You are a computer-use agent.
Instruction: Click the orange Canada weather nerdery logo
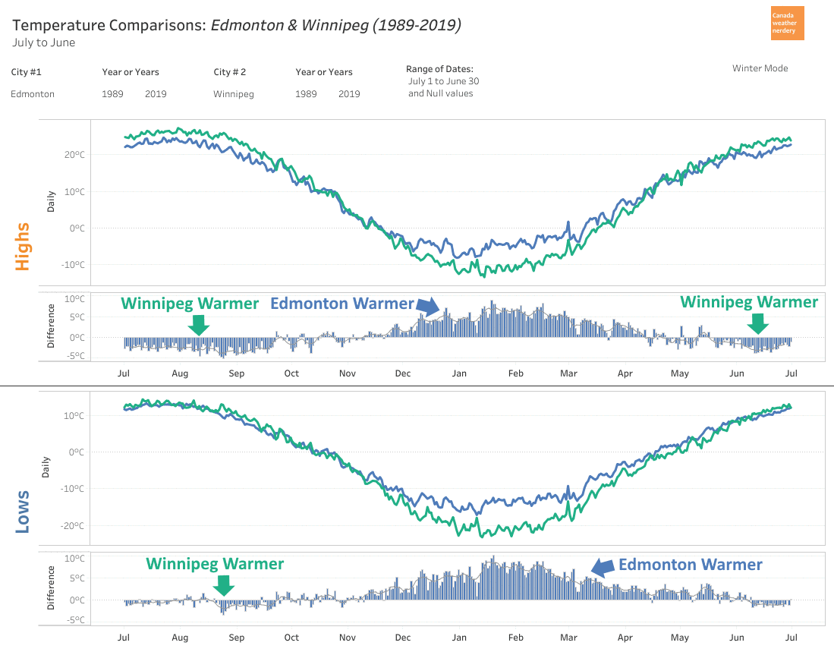coord(786,24)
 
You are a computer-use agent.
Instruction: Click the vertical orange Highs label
coord(22,246)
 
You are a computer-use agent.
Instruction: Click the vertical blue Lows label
coord(22,512)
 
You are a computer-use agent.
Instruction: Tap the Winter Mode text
coord(760,68)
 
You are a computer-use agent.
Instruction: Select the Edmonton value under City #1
coord(33,94)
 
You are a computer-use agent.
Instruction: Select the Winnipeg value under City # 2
coord(234,94)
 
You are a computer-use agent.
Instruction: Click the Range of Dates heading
coord(439,69)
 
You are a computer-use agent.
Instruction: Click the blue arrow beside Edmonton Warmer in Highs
coord(428,305)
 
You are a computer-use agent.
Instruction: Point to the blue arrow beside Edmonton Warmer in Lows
coord(603,566)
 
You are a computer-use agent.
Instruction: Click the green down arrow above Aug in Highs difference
coord(198,324)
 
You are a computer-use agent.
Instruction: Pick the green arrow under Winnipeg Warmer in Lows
coord(223,584)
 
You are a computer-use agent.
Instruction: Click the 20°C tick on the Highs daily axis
coord(73,155)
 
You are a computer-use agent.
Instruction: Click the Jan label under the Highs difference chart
coord(459,373)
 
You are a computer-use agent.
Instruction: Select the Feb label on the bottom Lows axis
coord(515,638)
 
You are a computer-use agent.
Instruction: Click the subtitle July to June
coord(43,43)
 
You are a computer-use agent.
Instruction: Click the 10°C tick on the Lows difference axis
coord(74,559)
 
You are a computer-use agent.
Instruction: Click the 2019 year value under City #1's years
coord(156,94)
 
